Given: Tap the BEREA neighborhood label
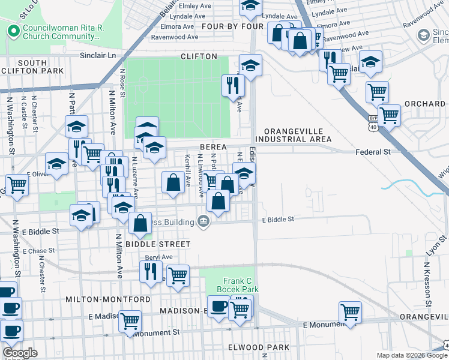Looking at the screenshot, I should [213, 147].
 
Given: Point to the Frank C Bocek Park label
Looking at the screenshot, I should [241, 285].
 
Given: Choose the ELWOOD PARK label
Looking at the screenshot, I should [259, 347].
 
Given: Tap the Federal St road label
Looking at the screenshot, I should [373, 152].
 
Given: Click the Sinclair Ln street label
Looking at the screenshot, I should [98, 55].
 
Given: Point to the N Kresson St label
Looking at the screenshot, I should [428, 282].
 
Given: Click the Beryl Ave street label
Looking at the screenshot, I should [158, 257].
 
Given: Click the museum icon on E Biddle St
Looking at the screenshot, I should [203, 222].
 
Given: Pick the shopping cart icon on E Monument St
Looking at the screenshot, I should [350, 311].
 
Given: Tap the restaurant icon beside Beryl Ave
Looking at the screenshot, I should [151, 270].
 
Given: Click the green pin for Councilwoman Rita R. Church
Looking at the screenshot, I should [12, 30].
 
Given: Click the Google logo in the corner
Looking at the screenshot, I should [20, 353].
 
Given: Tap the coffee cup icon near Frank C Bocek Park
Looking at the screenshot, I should [218, 307].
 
